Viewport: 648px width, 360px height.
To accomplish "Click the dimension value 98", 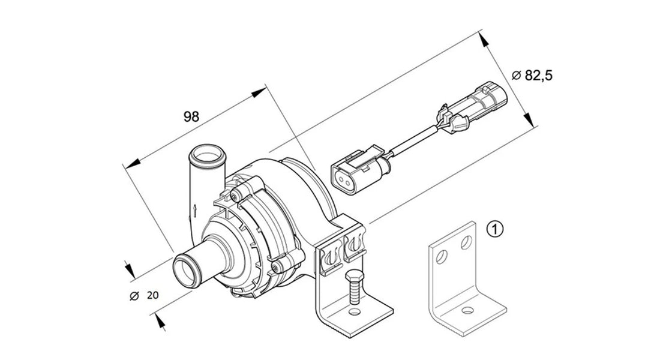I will click(191, 117).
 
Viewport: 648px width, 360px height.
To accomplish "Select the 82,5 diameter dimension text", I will click(532, 75).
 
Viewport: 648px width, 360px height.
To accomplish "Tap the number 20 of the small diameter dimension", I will click(153, 295).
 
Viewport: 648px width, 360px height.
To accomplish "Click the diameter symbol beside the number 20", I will click(134, 295).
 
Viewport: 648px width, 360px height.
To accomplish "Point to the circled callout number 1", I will click(495, 229).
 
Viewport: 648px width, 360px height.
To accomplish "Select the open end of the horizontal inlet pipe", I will click(186, 271).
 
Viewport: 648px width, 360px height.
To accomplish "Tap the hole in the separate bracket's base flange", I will click(467, 311).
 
